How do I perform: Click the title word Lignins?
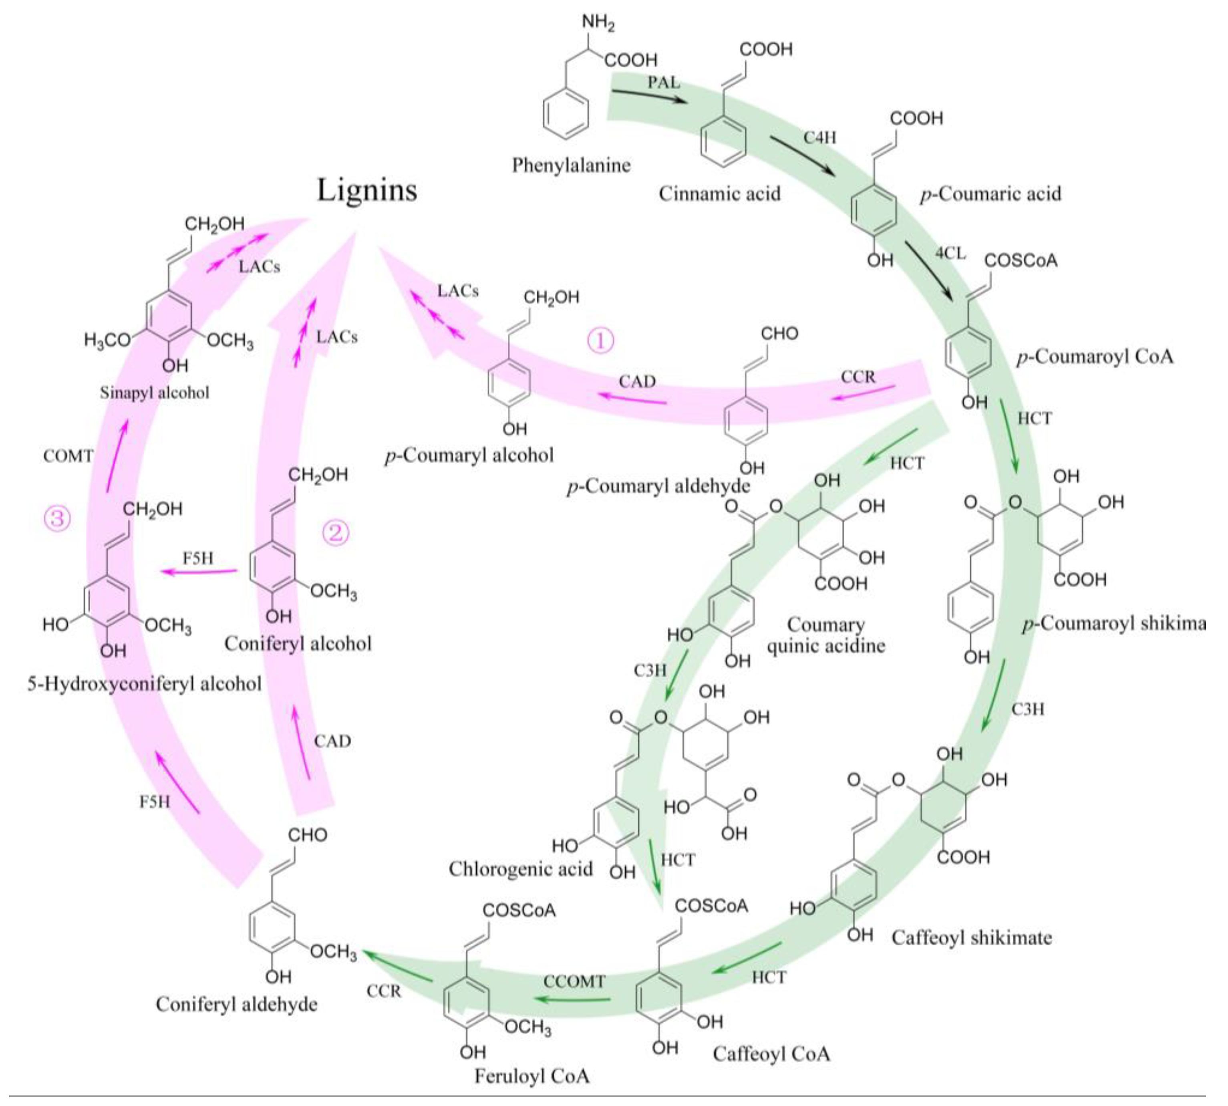pos(367,190)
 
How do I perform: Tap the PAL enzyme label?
pos(663,82)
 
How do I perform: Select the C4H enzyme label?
pos(820,138)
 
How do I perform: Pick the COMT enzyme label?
pos(68,456)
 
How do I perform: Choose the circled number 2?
pos(335,533)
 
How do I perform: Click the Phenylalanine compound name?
pos(571,165)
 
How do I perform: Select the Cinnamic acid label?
pos(719,194)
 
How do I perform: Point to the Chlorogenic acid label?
pos(520,869)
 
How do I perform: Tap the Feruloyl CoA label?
pos(531,1076)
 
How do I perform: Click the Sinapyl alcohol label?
pos(154,393)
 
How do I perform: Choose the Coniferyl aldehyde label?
pos(236,1004)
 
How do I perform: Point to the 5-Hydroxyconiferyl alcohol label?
pos(145,684)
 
